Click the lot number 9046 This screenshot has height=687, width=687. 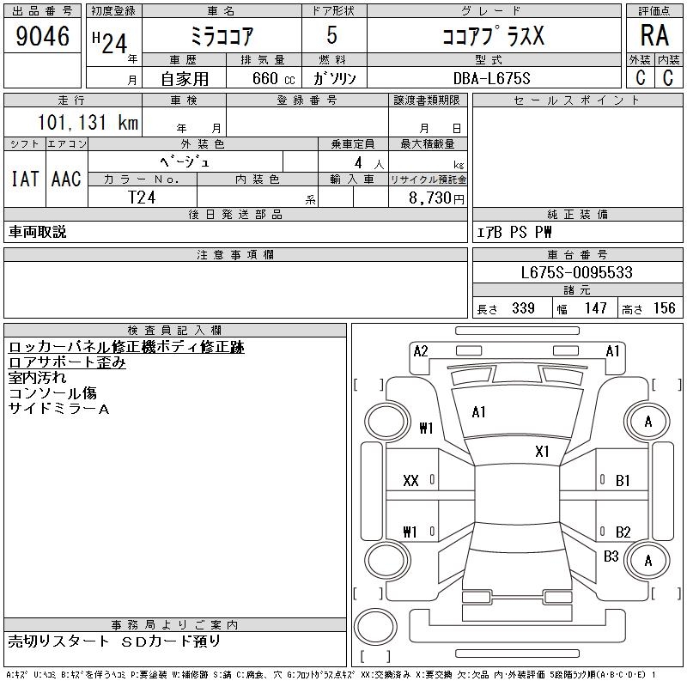point(42,36)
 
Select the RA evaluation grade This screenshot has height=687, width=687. point(654,35)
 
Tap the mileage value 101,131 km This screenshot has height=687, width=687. point(88,122)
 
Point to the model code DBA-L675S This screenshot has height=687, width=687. point(491,78)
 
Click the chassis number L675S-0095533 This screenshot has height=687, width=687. point(576,272)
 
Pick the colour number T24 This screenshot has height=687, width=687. point(142,198)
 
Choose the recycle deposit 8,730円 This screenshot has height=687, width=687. point(436,198)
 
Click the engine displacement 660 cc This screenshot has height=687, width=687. point(273,78)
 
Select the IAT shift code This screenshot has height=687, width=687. point(25,179)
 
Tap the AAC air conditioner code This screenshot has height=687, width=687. point(66,179)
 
